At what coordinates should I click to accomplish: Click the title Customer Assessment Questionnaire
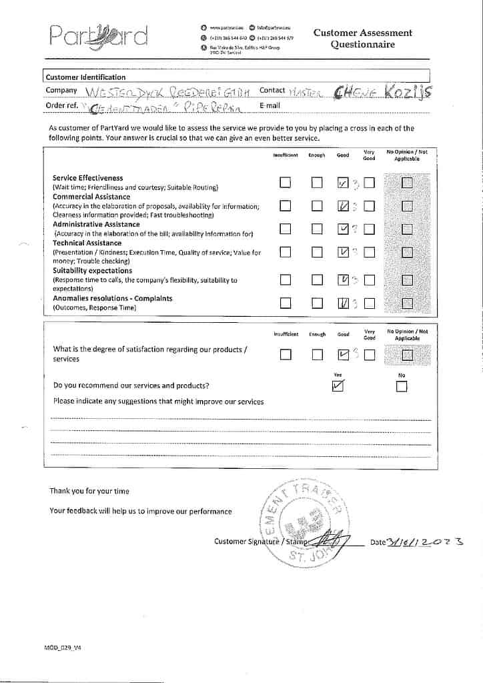coord(362,39)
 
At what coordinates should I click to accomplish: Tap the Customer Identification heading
coord(85,77)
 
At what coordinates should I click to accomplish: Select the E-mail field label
coord(270,105)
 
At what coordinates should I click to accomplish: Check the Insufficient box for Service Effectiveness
coord(285,183)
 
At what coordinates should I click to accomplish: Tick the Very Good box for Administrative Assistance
coord(369,229)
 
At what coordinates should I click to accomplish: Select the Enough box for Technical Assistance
coord(316,252)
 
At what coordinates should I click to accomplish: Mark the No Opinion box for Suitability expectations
coord(407,280)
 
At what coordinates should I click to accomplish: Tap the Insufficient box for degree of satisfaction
coord(285,355)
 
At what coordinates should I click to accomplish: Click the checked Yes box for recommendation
coord(338,386)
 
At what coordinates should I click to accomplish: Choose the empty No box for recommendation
coord(401,386)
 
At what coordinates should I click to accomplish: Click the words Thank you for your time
coord(89,491)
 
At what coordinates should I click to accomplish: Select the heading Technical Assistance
coord(87,243)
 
